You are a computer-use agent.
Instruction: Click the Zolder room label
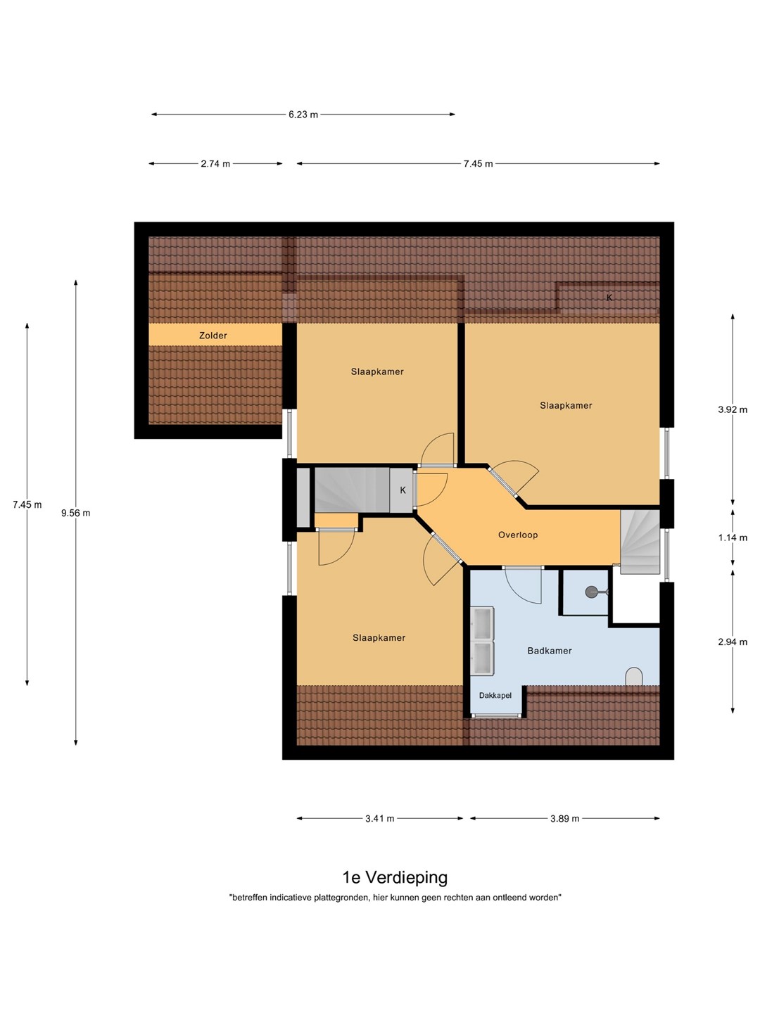[213, 336]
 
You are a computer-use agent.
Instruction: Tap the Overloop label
[518, 535]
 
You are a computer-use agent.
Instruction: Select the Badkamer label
[549, 651]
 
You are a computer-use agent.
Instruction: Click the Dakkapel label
[495, 695]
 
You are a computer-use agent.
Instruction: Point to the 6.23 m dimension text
[303, 115]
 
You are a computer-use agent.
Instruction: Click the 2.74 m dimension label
[215, 164]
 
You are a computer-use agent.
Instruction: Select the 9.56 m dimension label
[76, 513]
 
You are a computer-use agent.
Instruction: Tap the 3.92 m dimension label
[733, 409]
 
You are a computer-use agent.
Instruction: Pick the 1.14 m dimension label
[733, 537]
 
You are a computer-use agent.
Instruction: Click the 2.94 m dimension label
[733, 642]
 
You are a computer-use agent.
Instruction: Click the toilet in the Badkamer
[634, 677]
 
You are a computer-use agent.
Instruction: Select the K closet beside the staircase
[401, 490]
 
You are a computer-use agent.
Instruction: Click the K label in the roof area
[609, 298]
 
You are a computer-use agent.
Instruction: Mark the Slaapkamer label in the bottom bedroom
[379, 638]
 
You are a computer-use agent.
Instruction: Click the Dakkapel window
[495, 716]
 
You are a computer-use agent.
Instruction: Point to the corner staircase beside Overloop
[640, 542]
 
